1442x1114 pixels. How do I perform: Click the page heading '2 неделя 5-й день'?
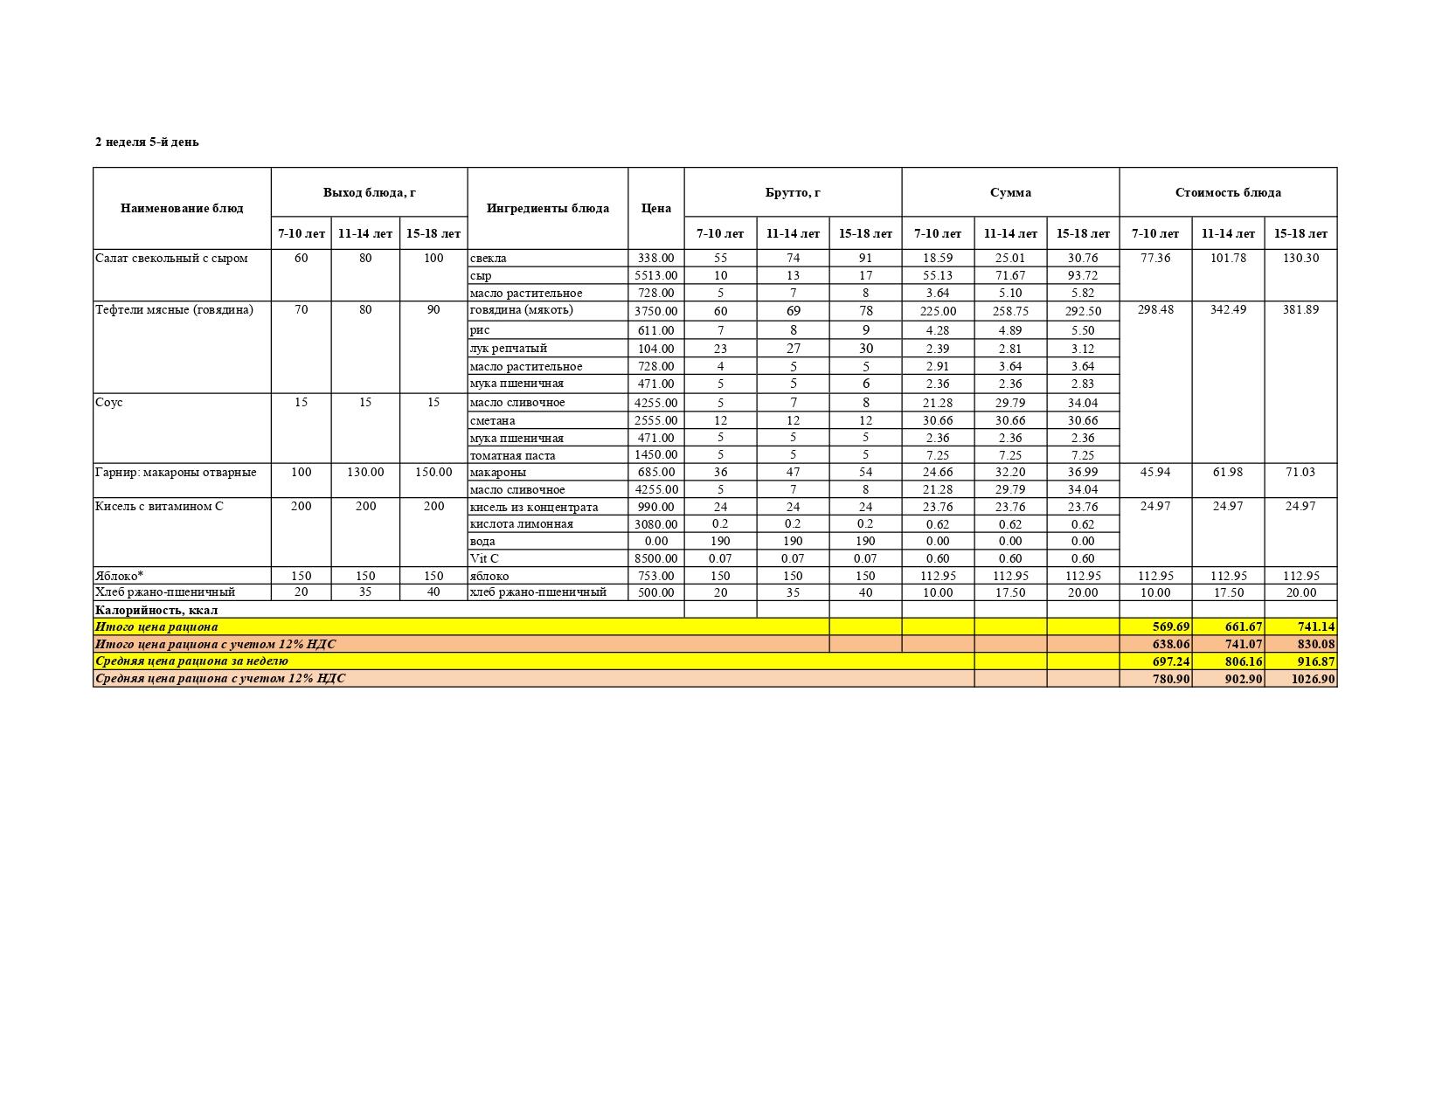[x=147, y=142]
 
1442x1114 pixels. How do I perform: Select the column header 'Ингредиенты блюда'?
[x=547, y=208]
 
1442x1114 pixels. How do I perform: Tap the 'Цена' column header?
[x=655, y=208]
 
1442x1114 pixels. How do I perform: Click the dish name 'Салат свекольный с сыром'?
[x=171, y=258]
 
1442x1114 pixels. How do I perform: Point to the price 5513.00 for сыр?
[x=655, y=275]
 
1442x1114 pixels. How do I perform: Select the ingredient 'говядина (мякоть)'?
[x=521, y=310]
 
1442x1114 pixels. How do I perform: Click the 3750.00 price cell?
[x=655, y=311]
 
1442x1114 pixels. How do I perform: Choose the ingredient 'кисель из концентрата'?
[x=533, y=507]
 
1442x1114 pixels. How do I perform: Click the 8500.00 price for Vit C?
[x=655, y=558]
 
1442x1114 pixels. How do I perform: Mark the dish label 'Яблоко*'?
[x=119, y=576]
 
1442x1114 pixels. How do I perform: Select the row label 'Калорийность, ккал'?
[x=156, y=610]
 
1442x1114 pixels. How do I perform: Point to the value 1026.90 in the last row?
[x=1313, y=679]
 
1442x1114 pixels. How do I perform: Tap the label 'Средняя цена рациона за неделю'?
[x=191, y=661]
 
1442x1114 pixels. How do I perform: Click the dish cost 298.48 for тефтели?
[x=1155, y=310]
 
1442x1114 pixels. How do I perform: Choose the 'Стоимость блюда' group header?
[x=1228, y=192]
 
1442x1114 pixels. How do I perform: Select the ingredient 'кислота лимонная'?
[x=521, y=524]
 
